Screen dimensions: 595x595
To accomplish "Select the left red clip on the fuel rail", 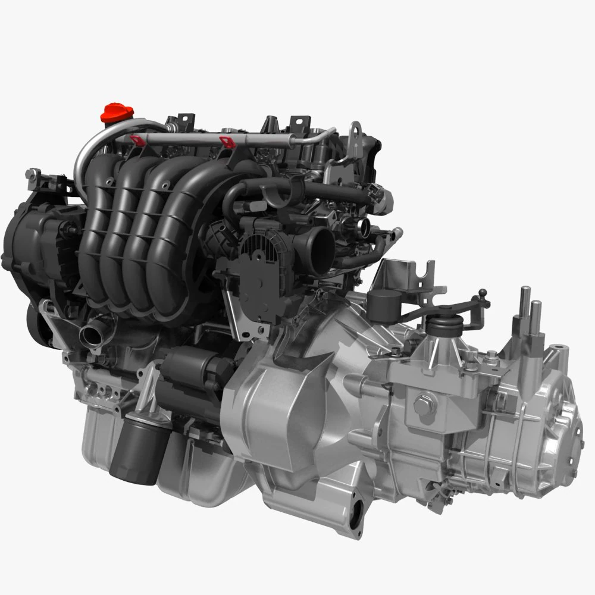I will tap(137, 140).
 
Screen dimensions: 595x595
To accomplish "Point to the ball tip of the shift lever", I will tap(483, 293).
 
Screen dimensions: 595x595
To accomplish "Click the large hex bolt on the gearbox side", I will tap(423, 403).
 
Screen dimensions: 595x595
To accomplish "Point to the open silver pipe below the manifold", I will tap(92, 333).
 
